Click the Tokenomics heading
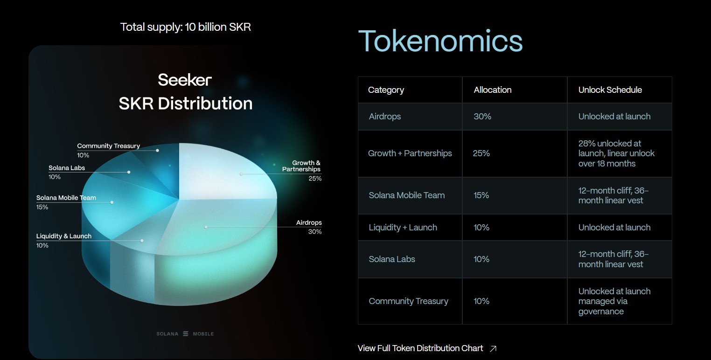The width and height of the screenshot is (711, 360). click(x=440, y=41)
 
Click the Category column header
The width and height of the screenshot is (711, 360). click(x=386, y=90)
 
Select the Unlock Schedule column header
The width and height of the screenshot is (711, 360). click(x=610, y=90)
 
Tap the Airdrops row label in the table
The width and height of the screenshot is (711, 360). click(x=384, y=117)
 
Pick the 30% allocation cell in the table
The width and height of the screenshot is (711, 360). click(x=482, y=117)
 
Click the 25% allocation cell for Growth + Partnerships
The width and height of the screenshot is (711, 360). click(x=481, y=153)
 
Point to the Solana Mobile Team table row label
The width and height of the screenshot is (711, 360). click(x=406, y=195)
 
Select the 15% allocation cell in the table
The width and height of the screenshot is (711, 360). click(x=481, y=195)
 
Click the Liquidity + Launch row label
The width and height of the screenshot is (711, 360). click(x=403, y=228)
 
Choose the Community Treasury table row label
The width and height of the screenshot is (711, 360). click(x=408, y=301)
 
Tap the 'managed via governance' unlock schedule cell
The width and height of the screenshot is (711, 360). click(x=614, y=301)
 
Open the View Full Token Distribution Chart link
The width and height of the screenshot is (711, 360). click(x=420, y=348)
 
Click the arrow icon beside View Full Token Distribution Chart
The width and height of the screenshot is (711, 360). click(x=493, y=348)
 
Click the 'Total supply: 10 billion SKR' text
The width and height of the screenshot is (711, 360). click(x=186, y=27)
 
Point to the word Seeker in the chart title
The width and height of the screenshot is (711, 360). click(x=185, y=80)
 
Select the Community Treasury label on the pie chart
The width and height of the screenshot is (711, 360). click(x=108, y=146)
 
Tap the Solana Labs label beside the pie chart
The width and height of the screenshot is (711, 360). click(x=67, y=168)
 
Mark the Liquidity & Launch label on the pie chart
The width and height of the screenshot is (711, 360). click(x=64, y=236)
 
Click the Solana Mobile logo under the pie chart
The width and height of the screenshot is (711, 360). click(x=185, y=334)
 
